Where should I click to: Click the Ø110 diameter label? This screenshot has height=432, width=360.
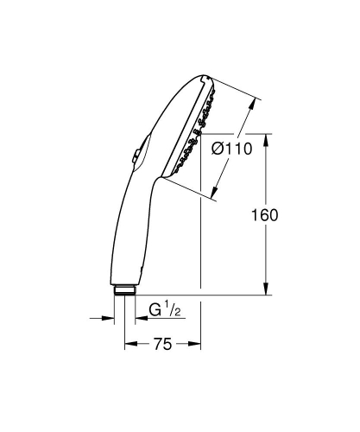pyautogui.click(x=231, y=149)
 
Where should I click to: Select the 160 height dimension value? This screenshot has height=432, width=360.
pyautogui.click(x=266, y=215)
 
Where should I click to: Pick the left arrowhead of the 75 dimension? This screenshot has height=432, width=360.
pyautogui.click(x=129, y=344)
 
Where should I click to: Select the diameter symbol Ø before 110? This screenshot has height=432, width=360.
pyautogui.click(x=218, y=149)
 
